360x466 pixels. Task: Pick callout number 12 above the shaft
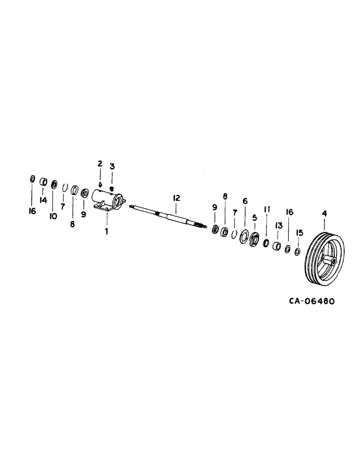tap(176, 198)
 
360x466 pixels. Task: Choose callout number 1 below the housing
tap(106, 231)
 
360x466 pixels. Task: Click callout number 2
tap(99, 163)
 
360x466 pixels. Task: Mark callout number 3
tap(112, 166)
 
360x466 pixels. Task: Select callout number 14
tap(43, 200)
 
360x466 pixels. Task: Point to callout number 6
tap(245, 201)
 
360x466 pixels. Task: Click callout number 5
tap(255, 218)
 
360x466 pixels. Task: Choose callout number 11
tap(267, 210)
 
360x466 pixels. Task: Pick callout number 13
tap(278, 226)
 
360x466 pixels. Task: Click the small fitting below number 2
tap(101, 184)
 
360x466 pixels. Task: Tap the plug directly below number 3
tap(112, 187)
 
